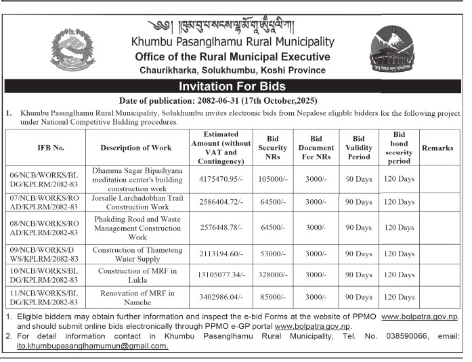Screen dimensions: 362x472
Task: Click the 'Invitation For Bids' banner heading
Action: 232,87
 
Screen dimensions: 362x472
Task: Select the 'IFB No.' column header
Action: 45,148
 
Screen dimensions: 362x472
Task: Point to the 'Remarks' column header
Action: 437,148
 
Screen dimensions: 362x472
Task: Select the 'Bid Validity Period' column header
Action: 358,148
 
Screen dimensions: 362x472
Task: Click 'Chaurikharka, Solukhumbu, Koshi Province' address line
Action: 232,70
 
